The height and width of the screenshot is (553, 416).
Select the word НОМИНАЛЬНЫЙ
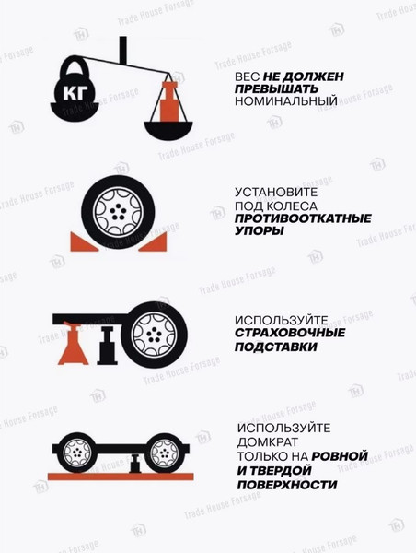coord(286,101)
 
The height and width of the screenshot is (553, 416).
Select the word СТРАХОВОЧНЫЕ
coord(290,333)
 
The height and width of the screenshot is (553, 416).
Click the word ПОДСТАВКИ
coord(276,347)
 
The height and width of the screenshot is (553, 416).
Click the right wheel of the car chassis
coord(162,452)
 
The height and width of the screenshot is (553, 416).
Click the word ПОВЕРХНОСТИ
coord(286,485)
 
